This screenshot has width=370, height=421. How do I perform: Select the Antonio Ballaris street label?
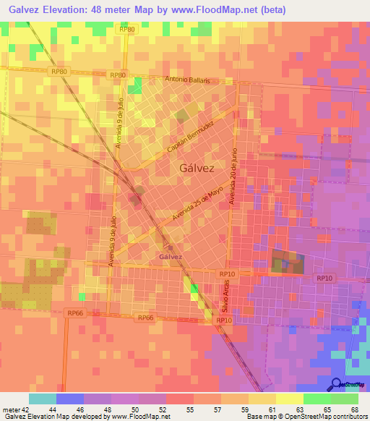pyautogui.click(x=187, y=80)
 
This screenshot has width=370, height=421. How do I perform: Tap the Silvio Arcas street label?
pyautogui.click(x=224, y=297)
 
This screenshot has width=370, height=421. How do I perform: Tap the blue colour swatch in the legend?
pyautogui.click(x=69, y=399)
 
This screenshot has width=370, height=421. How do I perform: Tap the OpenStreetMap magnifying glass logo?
pyautogui.click(x=336, y=384)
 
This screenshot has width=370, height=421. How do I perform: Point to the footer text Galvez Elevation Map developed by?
pyautogui.click(x=54, y=416)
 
